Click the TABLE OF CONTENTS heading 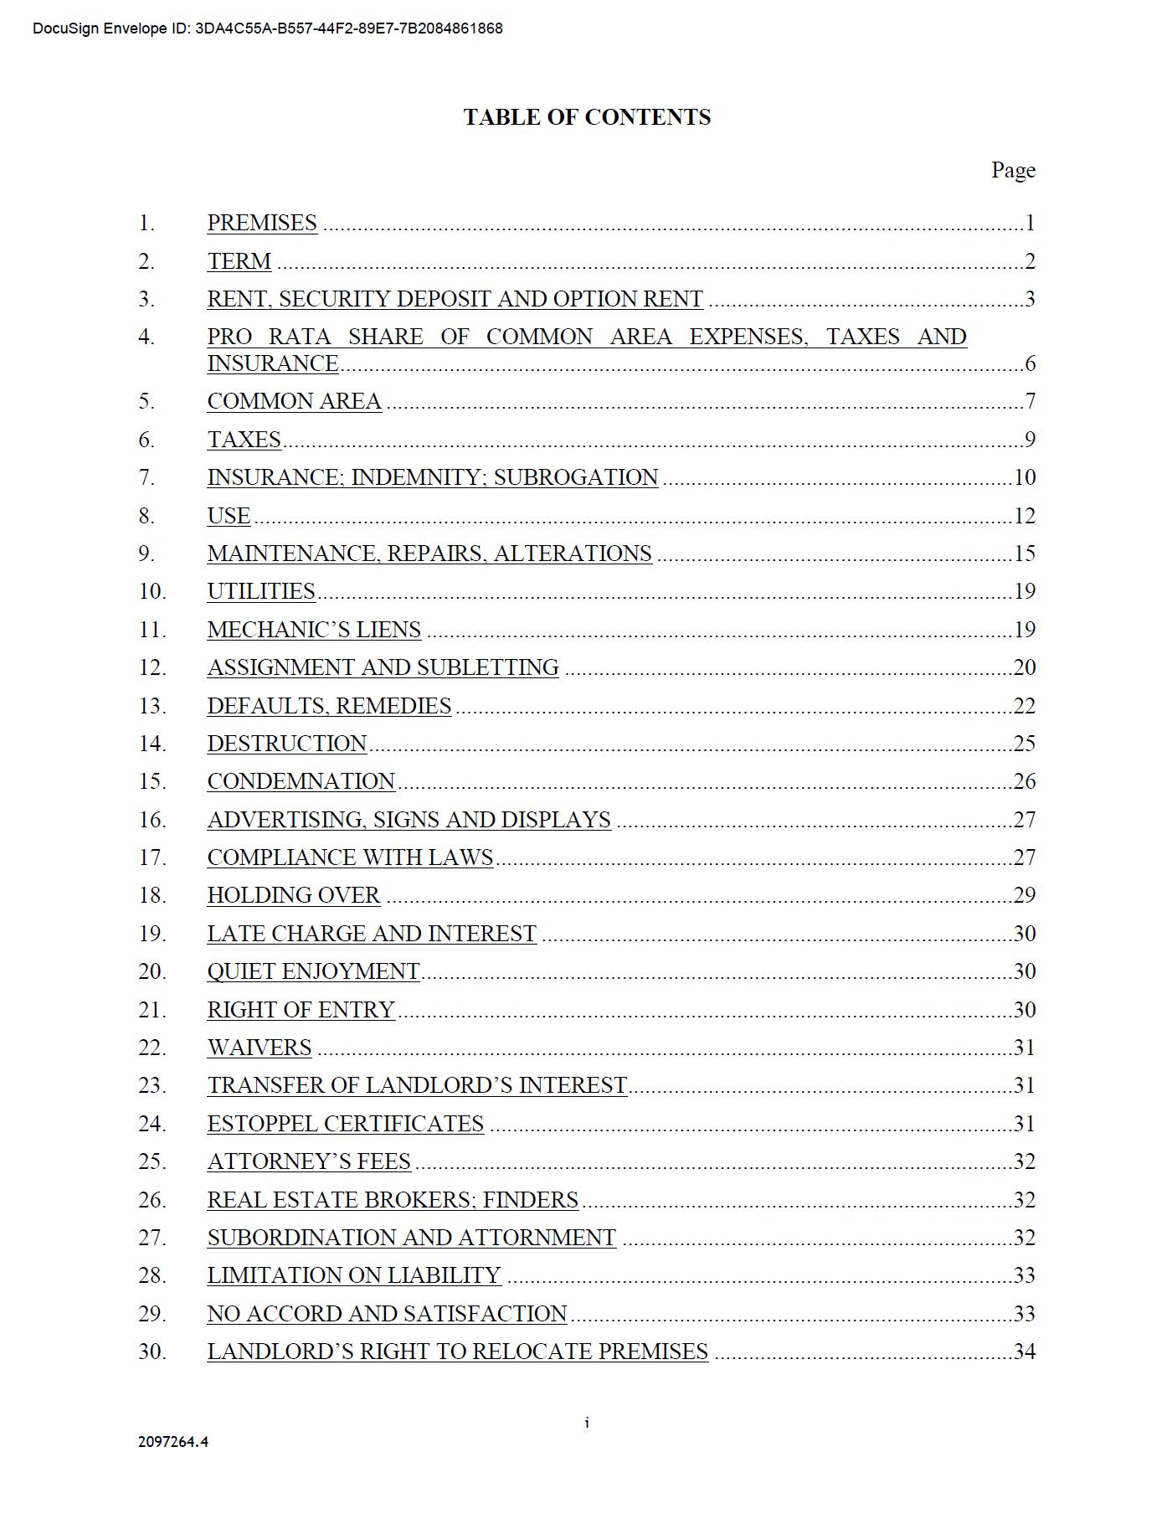(x=587, y=117)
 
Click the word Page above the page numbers (x=1013, y=171)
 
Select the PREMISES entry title (x=262, y=223)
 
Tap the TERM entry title (x=239, y=261)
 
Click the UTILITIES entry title (x=261, y=591)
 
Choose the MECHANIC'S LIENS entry (x=314, y=630)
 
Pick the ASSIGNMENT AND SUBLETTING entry (x=383, y=667)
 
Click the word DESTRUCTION (x=287, y=744)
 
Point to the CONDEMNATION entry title (x=301, y=781)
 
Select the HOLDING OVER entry (x=294, y=895)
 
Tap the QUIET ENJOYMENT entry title (x=313, y=971)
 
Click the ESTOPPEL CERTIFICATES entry (x=345, y=1124)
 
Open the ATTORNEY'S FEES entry (x=309, y=1161)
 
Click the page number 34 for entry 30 (x=1025, y=1352)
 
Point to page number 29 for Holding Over (x=1025, y=895)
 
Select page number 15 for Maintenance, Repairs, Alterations (x=1025, y=554)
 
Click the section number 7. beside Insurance (x=146, y=477)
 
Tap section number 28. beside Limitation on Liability (x=152, y=1275)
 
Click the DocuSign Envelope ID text (x=268, y=28)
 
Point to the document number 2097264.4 (x=173, y=1442)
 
